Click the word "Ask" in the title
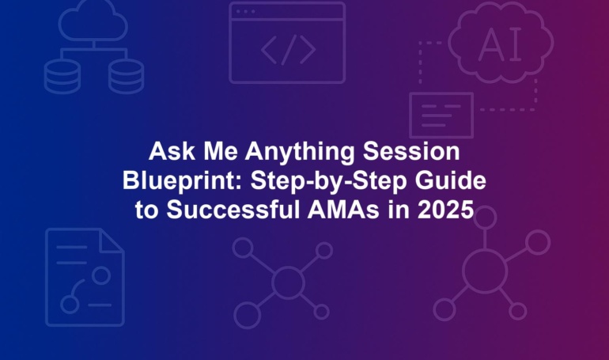pos(172,151)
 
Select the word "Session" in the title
pos(411,151)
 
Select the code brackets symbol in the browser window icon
pos(288,50)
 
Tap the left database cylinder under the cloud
pos(62,77)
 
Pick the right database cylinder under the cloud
pos(126,77)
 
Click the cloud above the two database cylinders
pos(93,22)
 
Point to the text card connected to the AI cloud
pos(441,116)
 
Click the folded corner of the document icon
pos(112,241)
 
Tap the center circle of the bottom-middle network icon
pos(288,282)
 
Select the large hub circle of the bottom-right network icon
pos(485,271)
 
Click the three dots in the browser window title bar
pos(245,12)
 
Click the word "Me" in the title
pos(220,151)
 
